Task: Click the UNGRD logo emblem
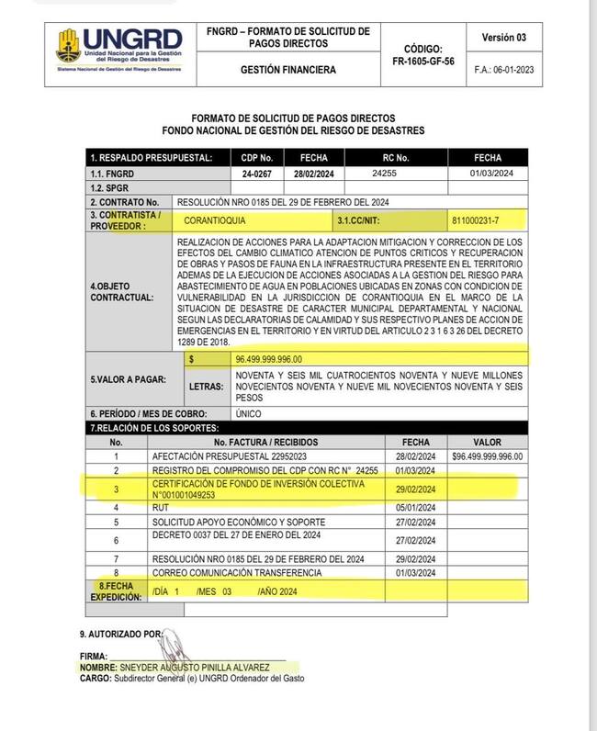68,43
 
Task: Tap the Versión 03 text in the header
503,38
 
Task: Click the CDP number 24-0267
258,173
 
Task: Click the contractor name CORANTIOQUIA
215,220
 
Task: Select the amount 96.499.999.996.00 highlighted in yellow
269,358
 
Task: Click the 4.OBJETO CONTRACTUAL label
121,291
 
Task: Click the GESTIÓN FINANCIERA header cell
287,69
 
